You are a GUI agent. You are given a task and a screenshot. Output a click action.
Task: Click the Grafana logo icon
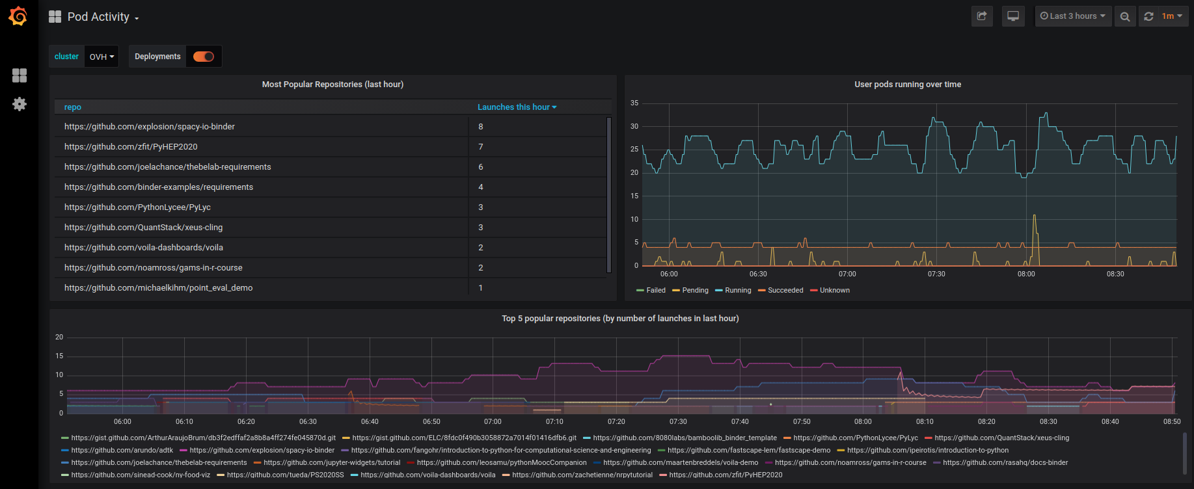tap(18, 16)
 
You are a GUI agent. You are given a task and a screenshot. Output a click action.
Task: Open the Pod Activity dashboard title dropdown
tap(103, 18)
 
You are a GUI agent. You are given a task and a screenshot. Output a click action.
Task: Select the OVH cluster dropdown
tap(102, 57)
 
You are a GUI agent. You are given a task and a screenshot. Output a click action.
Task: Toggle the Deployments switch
tap(204, 57)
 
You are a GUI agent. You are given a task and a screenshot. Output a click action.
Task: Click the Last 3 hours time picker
tap(1073, 16)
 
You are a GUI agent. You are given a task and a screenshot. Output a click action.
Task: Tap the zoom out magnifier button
tap(1125, 16)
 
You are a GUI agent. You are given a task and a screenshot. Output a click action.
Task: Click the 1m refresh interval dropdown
tap(1171, 16)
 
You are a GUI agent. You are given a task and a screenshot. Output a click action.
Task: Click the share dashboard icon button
tap(982, 16)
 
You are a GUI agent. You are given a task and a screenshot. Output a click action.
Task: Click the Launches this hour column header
tap(517, 107)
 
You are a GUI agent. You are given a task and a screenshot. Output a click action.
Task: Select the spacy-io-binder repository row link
tap(150, 127)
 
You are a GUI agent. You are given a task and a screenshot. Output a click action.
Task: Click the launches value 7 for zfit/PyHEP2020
tap(481, 147)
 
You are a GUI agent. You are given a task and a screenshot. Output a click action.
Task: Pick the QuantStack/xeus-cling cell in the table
tap(143, 228)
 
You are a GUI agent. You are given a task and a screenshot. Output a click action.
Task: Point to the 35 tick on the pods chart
tap(634, 103)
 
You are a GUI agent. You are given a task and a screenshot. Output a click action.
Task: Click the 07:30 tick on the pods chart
tap(936, 274)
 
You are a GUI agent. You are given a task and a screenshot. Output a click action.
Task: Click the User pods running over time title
tap(908, 85)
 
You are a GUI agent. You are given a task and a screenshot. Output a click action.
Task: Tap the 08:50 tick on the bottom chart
tap(1172, 422)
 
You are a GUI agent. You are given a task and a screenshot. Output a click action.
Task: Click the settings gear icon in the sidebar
tap(20, 104)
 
